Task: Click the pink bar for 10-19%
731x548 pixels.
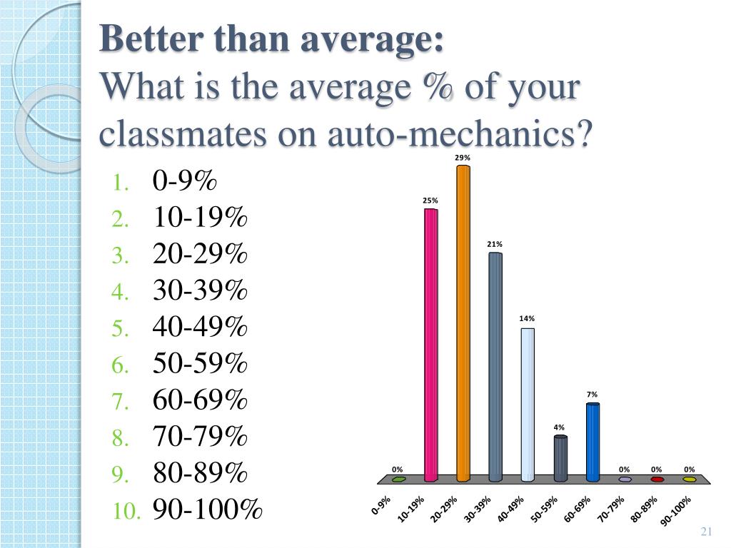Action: pos(430,342)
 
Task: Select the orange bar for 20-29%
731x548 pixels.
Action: pos(463,321)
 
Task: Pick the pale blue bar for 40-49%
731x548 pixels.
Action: pos(528,403)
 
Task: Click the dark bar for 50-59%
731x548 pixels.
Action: pos(560,457)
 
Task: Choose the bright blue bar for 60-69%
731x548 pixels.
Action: pos(593,441)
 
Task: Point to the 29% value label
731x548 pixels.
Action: pos(463,158)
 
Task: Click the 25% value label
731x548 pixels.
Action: pos(430,201)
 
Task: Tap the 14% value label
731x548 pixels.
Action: pos(528,319)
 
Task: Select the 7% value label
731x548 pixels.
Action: pos(593,394)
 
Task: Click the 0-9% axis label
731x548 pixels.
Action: pos(381,505)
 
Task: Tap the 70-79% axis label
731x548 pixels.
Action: pos(611,509)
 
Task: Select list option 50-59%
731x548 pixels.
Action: pos(200,365)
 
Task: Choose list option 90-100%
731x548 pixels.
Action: pos(208,510)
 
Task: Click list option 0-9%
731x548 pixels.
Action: pos(184,181)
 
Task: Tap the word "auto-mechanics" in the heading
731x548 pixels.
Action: pos(460,134)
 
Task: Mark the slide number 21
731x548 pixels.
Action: pos(707,532)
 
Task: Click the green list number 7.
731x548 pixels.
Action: pos(119,402)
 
